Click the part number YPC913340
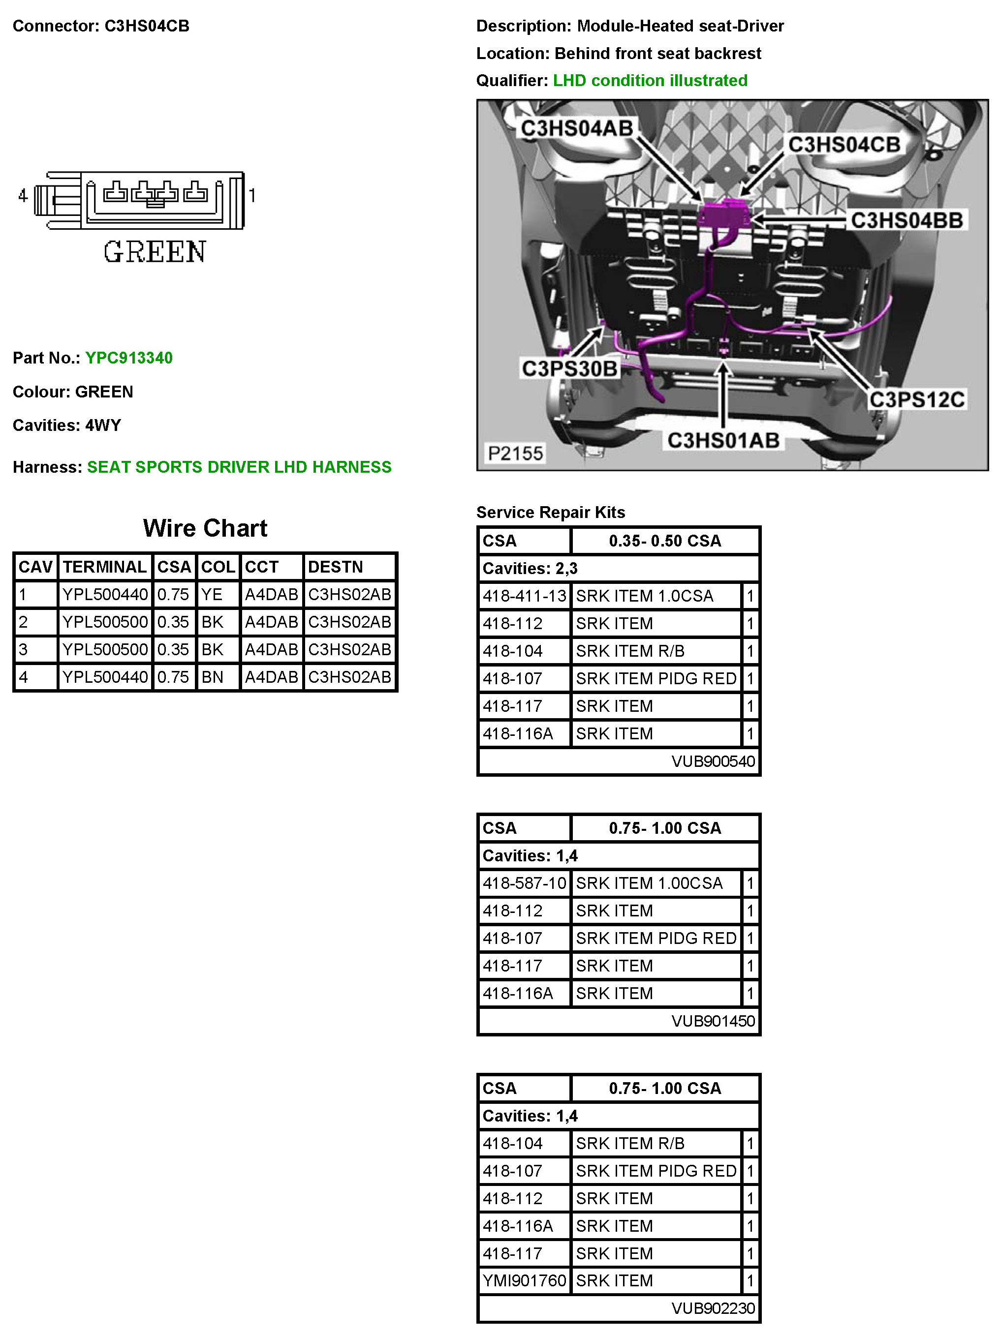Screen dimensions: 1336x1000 pos(129,358)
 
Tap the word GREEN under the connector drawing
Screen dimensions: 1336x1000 pos(155,252)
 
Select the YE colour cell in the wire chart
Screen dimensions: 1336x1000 pos(212,594)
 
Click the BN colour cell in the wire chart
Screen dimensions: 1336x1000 pos(212,676)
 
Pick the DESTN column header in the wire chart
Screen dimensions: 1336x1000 pos(335,567)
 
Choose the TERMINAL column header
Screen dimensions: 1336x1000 pos(104,567)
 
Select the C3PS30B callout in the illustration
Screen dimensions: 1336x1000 pos(569,368)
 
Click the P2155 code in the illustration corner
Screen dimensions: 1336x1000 pos(515,453)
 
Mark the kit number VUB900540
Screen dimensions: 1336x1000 pos(713,761)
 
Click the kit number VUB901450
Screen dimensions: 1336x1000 pos(713,1021)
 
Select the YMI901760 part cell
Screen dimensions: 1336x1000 pos(524,1280)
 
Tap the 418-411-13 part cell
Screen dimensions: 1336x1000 pos(524,596)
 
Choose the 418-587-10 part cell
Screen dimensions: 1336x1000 pos(524,883)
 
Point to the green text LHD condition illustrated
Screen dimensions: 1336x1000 pos(650,80)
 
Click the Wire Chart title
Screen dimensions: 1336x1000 pos(205,528)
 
